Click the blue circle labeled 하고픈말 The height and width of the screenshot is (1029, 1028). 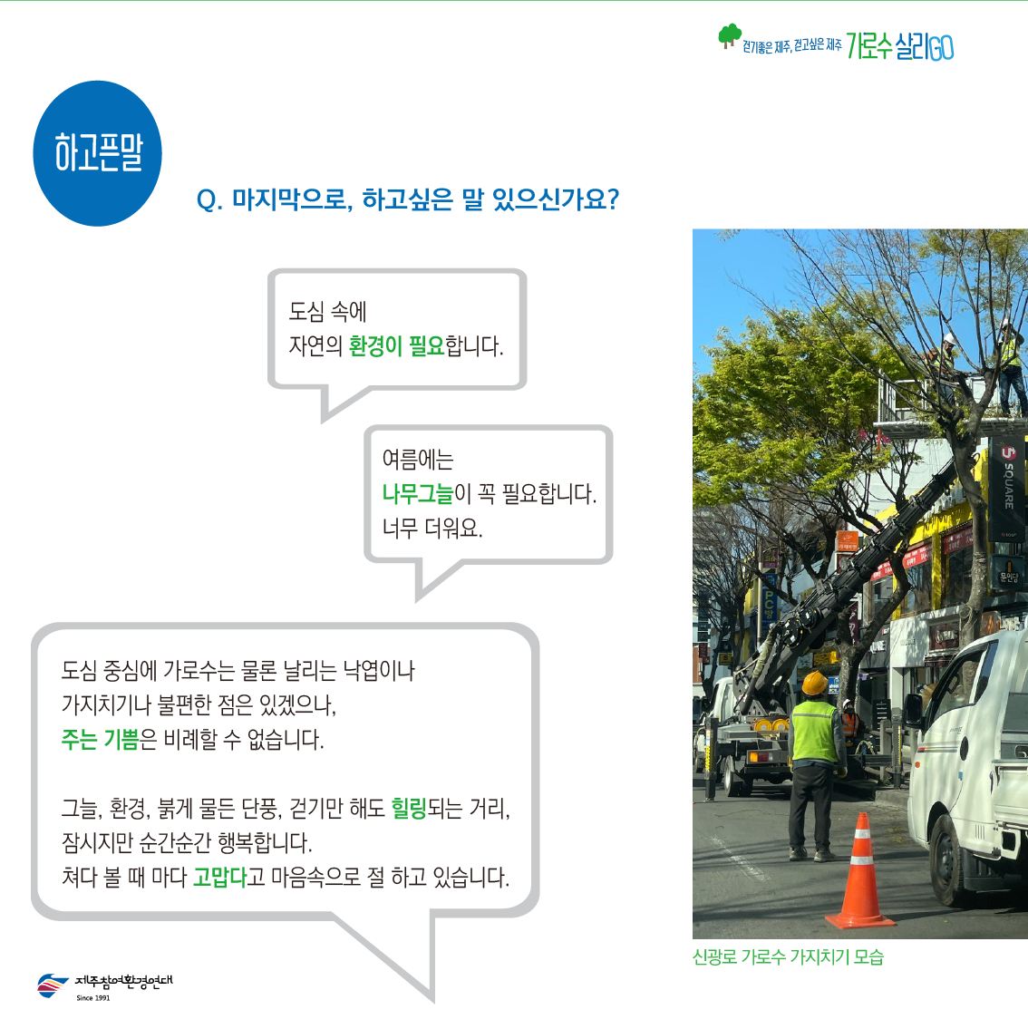click(97, 153)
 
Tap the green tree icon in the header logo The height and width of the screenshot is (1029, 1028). click(729, 35)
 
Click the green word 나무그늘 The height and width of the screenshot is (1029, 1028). click(418, 493)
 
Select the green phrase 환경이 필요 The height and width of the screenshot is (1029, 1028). click(396, 345)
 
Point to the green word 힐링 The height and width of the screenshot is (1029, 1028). click(409, 808)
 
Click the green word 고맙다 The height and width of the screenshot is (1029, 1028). click(219, 877)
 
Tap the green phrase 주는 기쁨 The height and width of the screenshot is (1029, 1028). click(101, 740)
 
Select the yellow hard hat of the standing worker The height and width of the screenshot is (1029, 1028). click(814, 684)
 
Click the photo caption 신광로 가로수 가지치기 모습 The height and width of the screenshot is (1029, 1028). click(788, 956)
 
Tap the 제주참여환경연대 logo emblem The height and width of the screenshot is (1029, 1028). click(52, 985)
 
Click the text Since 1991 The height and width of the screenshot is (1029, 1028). click(93, 998)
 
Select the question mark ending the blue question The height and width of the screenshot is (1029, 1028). click(614, 199)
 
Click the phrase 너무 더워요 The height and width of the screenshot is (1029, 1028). click(432, 528)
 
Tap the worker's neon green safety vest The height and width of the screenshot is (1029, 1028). click(814, 732)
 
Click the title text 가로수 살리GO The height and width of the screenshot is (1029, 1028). click(899, 46)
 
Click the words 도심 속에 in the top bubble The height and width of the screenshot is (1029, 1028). click(328, 312)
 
